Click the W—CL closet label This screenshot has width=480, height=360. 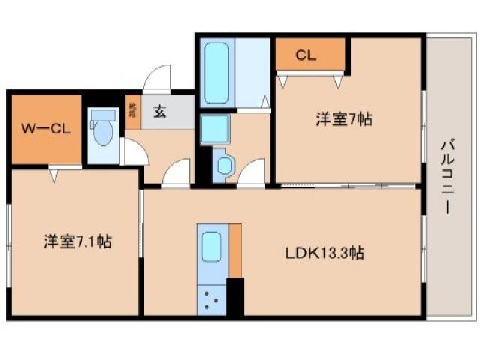(45, 128)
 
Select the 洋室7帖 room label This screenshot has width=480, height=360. (343, 118)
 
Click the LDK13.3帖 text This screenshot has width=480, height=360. (325, 253)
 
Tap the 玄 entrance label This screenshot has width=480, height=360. (160, 112)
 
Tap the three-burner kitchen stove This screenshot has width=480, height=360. (211, 299)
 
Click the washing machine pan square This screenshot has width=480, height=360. (216, 129)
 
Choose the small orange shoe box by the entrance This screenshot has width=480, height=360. (132, 111)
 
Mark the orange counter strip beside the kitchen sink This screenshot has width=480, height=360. (235, 250)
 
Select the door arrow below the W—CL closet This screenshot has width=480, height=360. (54, 175)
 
